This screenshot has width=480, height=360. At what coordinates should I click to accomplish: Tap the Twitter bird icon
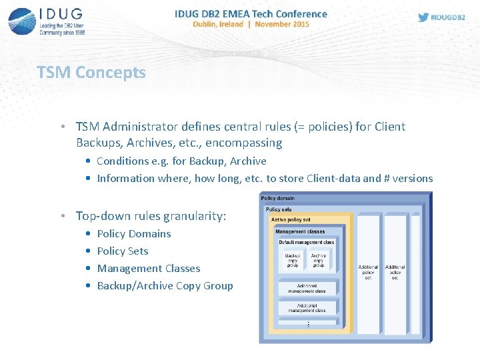coord(423,17)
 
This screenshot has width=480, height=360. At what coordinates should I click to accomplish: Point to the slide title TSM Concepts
coord(91,73)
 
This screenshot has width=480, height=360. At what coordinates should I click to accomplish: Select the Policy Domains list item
coord(134,234)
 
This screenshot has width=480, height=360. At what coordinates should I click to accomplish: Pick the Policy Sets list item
coord(123,251)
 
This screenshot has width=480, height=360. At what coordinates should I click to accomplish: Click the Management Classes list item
coord(149,269)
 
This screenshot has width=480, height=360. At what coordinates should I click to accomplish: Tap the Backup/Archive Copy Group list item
coord(165,286)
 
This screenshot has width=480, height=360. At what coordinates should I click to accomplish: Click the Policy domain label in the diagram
coord(278,198)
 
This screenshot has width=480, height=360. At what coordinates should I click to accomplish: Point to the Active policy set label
coord(291,219)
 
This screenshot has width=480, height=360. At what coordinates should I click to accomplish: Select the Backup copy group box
coord(293,261)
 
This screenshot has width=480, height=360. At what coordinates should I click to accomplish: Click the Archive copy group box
coord(319,261)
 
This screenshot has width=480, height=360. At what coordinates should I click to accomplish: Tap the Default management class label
coord(307,242)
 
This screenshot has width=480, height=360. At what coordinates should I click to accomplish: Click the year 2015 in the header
coord(301,24)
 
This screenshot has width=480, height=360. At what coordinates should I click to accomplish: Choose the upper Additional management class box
coord(307,289)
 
